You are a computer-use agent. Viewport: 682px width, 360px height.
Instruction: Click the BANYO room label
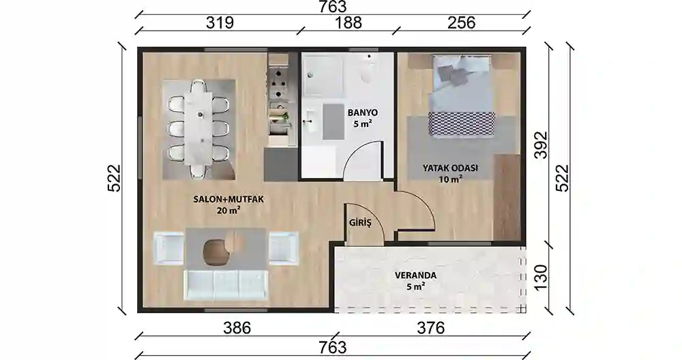point(362,112)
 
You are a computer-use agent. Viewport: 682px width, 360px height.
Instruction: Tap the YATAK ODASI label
point(450,168)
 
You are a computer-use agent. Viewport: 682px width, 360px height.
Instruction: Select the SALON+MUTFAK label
point(228,200)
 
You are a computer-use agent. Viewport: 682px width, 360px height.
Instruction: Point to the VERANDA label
point(415,275)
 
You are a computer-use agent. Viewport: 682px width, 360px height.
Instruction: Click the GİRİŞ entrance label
point(360,223)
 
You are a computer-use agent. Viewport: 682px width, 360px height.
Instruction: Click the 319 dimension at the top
point(220,22)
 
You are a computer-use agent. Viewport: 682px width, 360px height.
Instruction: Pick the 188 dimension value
point(348,22)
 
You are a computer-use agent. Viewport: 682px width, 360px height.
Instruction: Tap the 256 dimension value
point(462,22)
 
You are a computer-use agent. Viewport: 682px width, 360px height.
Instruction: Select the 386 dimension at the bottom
point(237,327)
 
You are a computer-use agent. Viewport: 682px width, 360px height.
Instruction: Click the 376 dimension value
point(430,327)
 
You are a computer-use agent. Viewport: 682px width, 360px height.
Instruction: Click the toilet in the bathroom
point(368,70)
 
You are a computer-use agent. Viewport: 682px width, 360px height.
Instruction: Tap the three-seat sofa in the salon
point(226,285)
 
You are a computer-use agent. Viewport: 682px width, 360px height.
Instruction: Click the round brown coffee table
point(218,252)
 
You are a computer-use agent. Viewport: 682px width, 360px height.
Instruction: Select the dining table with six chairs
point(198,127)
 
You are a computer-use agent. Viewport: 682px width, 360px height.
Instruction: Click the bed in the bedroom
point(462,95)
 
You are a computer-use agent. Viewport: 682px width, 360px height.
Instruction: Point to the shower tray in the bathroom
point(324,77)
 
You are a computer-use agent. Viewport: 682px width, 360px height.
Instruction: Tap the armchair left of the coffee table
point(169,248)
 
